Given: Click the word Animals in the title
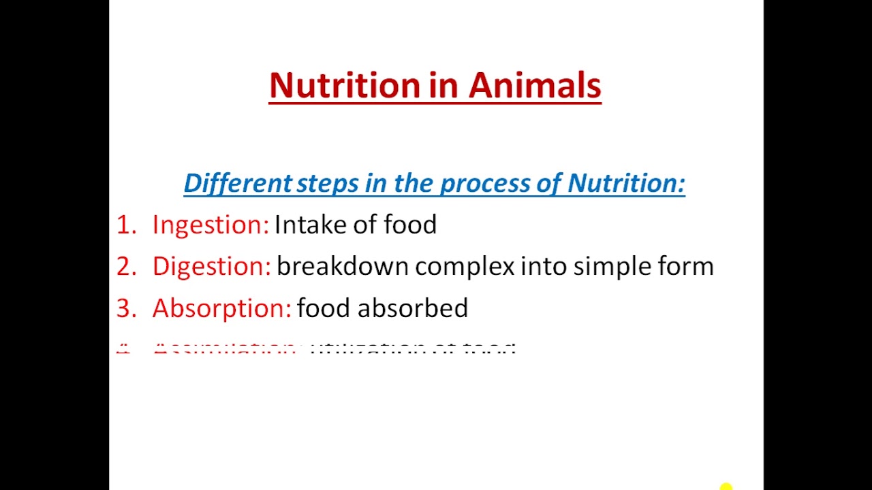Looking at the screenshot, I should tap(535, 86).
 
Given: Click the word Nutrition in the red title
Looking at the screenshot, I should tap(345, 86).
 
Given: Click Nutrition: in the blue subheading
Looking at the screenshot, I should tap(626, 183).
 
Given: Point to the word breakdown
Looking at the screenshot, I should tap(342, 267).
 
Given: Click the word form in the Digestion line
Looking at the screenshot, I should tap(686, 267).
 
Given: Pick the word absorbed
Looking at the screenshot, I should tap(413, 308).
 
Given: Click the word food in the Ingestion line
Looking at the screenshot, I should tap(410, 225).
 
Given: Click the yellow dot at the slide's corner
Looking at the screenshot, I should tap(726, 487).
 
